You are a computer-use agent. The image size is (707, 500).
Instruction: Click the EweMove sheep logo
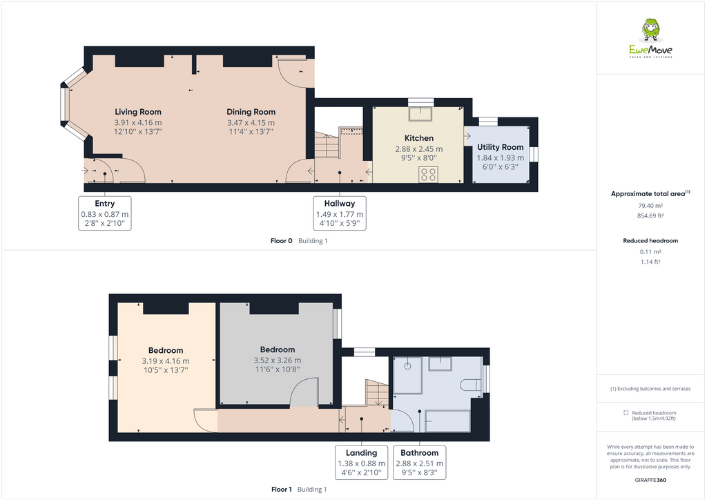click(x=650, y=30)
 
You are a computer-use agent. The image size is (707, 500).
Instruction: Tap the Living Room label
click(x=138, y=112)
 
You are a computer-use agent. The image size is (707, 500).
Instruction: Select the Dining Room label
click(x=251, y=112)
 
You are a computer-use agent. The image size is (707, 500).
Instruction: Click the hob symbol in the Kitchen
click(x=428, y=174)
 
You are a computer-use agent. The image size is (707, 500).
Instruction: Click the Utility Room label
click(x=501, y=147)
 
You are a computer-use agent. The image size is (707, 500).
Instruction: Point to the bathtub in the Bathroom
click(x=447, y=419)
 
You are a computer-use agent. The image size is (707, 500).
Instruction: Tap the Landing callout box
click(x=361, y=463)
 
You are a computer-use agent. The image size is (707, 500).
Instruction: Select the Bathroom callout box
click(x=420, y=463)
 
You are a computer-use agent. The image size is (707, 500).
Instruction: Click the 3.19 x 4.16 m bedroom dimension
click(x=166, y=361)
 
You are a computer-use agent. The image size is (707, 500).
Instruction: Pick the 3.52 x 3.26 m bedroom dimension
click(x=278, y=360)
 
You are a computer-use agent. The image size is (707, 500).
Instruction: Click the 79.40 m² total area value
click(x=650, y=205)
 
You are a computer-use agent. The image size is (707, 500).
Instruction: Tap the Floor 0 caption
click(x=282, y=241)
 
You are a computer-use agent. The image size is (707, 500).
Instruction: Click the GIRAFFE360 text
click(x=650, y=480)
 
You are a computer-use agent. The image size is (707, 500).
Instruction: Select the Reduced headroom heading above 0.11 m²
click(x=650, y=241)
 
